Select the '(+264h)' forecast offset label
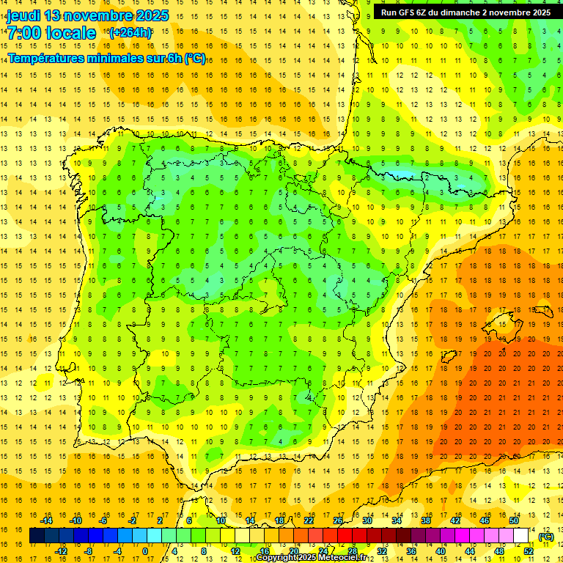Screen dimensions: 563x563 pyautogui.click(x=130, y=32)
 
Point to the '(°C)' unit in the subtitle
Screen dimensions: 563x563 pyautogui.click(x=195, y=58)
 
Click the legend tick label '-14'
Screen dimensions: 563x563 pyautogui.click(x=46, y=520)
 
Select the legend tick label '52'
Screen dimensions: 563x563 pyautogui.click(x=529, y=551)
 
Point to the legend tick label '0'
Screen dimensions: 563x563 pyautogui.click(x=145, y=551)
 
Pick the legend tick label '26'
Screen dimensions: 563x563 pyautogui.click(x=338, y=520)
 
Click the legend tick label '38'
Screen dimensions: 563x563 pyautogui.click(x=426, y=520)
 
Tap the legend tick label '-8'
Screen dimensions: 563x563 pyautogui.click(x=89, y=551)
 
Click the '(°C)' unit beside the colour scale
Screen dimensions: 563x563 pyautogui.click(x=546, y=537)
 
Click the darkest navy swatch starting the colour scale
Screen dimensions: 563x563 pyautogui.click(x=37, y=536)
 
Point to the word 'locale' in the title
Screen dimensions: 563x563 pyautogui.click(x=70, y=33)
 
